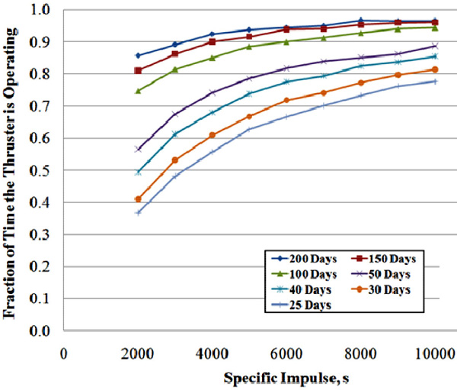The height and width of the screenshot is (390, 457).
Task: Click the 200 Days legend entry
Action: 304,259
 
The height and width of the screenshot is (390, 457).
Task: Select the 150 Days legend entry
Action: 384,259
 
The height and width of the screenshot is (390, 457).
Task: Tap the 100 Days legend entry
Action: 304,274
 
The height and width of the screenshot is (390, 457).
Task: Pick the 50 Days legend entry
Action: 381,274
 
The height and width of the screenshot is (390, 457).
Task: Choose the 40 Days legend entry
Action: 302,290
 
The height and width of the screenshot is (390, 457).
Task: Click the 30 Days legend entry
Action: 381,290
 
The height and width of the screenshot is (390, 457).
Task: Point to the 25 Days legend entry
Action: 302,305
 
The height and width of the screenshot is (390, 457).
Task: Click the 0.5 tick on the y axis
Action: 40,170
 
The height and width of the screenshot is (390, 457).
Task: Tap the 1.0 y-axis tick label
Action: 40,10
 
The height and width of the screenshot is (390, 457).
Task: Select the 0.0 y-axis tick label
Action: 40,331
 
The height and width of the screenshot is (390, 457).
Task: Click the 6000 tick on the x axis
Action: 286,354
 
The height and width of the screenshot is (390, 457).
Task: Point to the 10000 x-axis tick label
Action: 435,354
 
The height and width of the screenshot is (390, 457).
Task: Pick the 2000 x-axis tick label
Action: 138,354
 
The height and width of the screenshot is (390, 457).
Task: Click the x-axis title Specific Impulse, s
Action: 286,378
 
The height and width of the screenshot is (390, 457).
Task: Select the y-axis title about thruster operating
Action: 9,173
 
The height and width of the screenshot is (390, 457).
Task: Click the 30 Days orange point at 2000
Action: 138,199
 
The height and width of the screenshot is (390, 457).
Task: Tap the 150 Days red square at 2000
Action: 138,70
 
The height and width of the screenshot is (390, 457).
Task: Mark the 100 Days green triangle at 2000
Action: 138,91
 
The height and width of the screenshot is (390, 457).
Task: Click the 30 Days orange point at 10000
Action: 435,69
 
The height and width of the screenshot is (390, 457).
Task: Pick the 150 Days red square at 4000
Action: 213,42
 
